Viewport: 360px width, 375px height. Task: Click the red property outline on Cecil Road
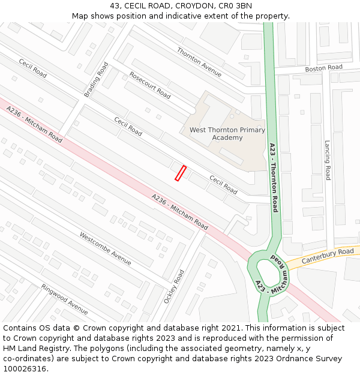(180, 173)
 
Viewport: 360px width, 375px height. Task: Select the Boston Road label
(323, 68)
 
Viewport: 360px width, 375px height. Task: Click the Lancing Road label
(328, 160)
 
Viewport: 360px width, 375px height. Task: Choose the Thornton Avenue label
(199, 62)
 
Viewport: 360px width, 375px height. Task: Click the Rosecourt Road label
(150, 85)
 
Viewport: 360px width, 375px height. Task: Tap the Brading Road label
(96, 79)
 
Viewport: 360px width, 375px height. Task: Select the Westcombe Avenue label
(105, 248)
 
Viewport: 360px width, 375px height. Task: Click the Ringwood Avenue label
(64, 298)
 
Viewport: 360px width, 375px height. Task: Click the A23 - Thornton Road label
(273, 177)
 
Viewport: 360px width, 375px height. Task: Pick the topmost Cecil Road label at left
(32, 68)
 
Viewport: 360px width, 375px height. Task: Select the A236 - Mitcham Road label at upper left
(34, 124)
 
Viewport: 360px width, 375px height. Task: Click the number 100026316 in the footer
(24, 368)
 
